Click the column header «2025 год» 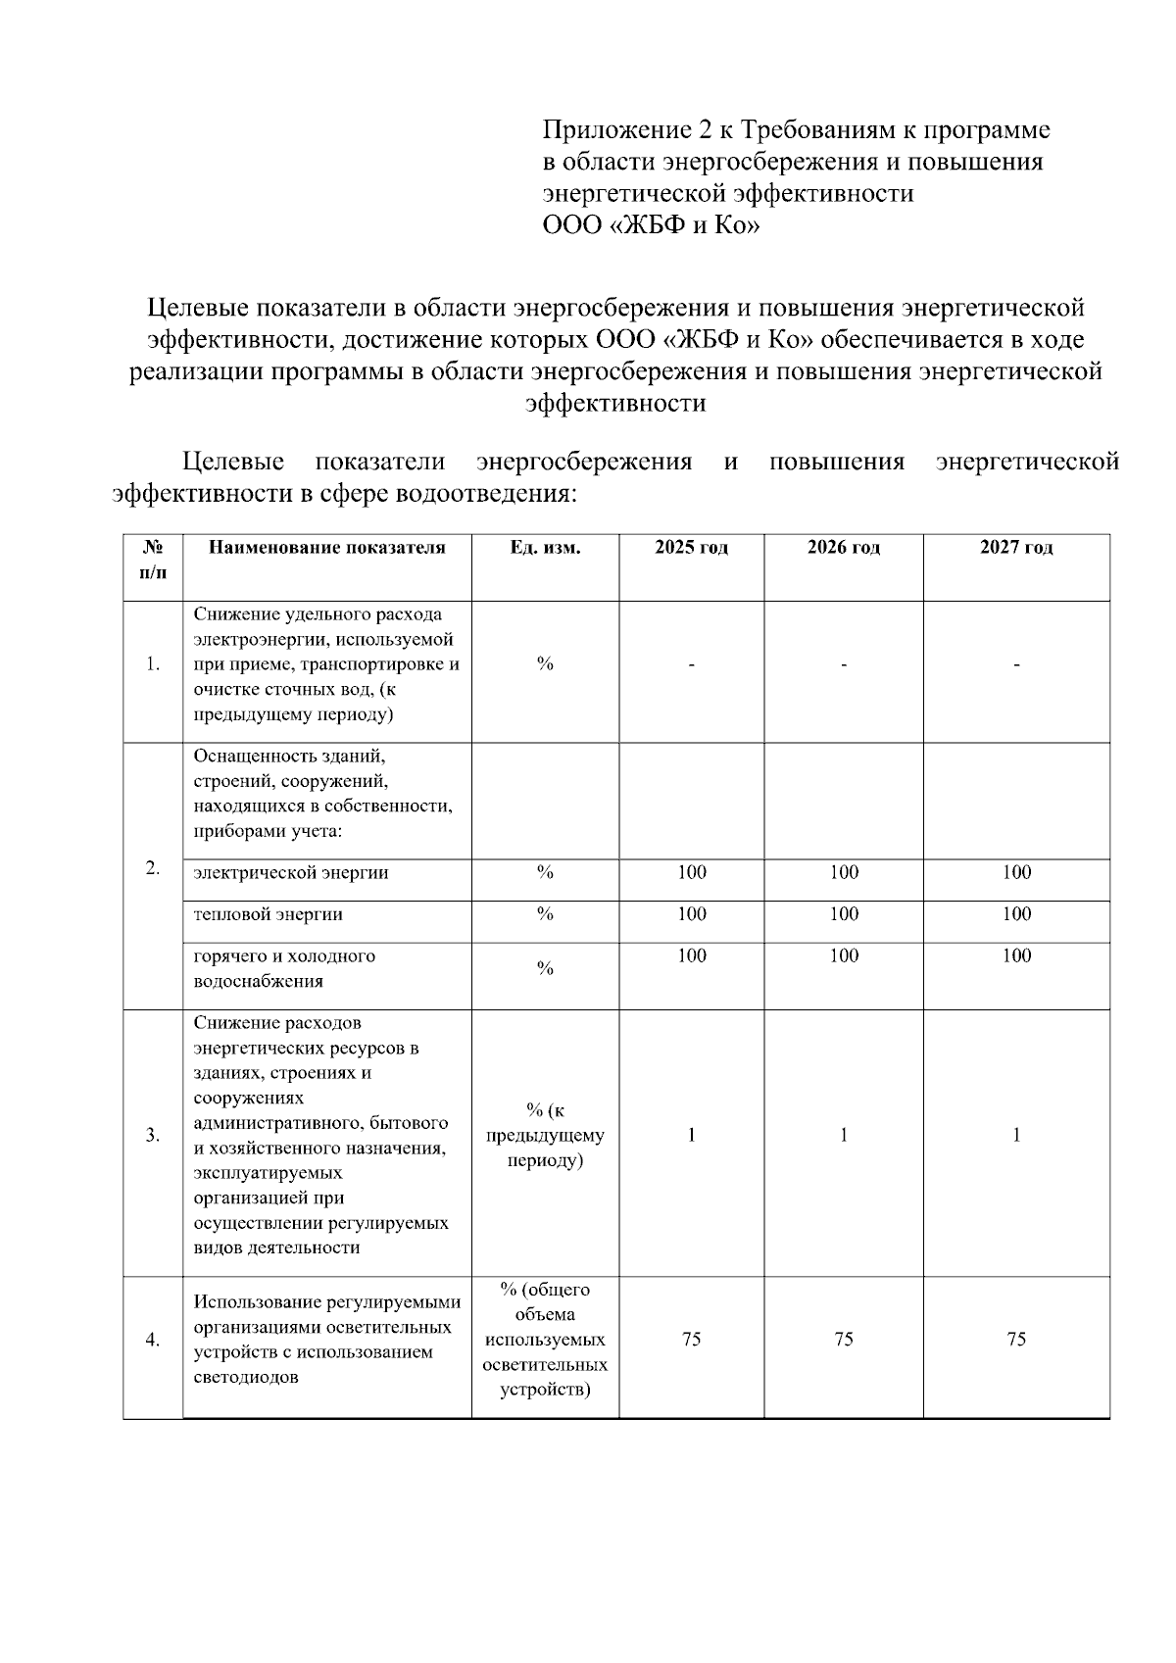click(x=691, y=548)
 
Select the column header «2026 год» click(x=843, y=548)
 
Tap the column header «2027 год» click(x=1016, y=548)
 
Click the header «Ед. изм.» click(x=545, y=548)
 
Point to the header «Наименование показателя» click(x=326, y=548)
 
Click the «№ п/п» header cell click(x=153, y=560)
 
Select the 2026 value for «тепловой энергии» click(x=843, y=914)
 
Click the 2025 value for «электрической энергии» click(x=691, y=872)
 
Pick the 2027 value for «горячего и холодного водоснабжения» click(x=1016, y=955)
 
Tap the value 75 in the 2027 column click(x=1016, y=1340)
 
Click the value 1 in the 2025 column click(x=691, y=1136)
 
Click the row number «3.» click(x=153, y=1136)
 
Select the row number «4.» click(x=153, y=1340)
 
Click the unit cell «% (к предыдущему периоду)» click(x=545, y=1136)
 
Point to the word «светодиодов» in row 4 click(x=246, y=1377)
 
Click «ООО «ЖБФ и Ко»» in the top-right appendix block click(x=651, y=225)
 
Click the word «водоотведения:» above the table click(x=485, y=493)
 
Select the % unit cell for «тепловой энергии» click(x=545, y=914)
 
